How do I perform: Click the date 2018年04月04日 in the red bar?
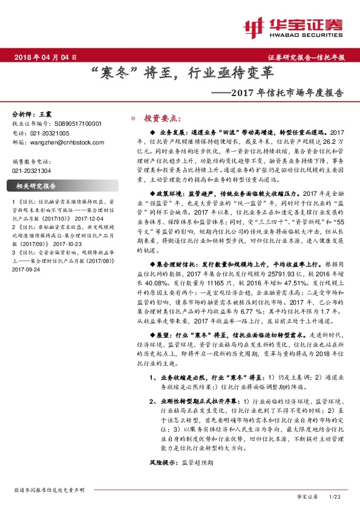point(45,57)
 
